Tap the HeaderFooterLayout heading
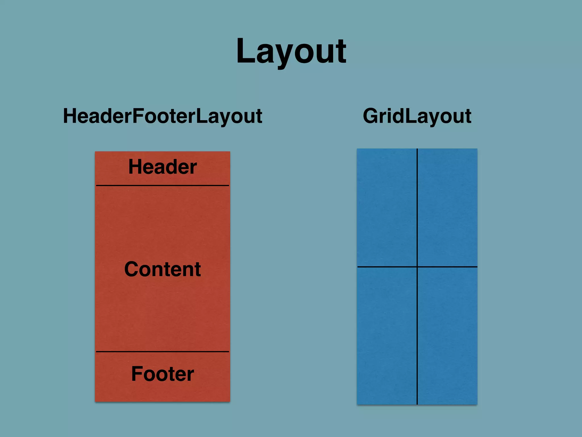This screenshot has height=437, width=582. [x=163, y=116]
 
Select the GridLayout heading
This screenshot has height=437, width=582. [x=417, y=116]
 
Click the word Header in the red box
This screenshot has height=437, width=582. [x=163, y=167]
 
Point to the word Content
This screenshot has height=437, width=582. [x=163, y=269]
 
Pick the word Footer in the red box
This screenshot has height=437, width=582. [x=163, y=374]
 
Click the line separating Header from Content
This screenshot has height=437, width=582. [x=163, y=185]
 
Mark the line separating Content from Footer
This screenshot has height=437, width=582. [x=163, y=352]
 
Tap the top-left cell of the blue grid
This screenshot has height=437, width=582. [x=387, y=208]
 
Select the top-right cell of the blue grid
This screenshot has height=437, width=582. [x=447, y=208]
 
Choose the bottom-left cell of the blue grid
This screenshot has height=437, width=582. [x=387, y=336]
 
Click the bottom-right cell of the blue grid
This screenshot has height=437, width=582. [x=447, y=336]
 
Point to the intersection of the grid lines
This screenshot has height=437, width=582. [x=417, y=267]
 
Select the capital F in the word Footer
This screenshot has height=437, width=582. [x=137, y=374]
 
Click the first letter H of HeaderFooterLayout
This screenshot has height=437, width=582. [x=70, y=116]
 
